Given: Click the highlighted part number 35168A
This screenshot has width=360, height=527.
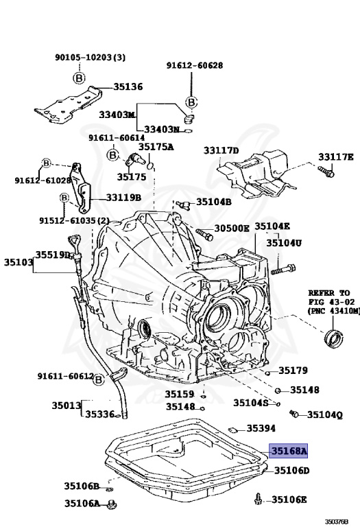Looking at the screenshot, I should coord(289,451).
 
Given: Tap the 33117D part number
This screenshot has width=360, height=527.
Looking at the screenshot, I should coord(221,150).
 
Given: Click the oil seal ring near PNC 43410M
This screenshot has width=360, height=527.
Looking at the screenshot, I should coord(334,338).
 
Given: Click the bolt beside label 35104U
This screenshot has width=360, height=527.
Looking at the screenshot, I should coord(283,268).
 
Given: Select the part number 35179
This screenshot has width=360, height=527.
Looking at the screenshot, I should coord(293,371).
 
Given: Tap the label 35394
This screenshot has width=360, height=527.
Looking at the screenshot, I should coord(261,428).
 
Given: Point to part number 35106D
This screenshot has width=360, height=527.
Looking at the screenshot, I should coord(291,471).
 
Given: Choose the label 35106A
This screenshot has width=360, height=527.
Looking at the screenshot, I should coord(82,503).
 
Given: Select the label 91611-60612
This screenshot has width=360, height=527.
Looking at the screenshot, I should coord(65,375).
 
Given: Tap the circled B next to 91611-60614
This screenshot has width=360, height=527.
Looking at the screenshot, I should coord(113,156).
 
